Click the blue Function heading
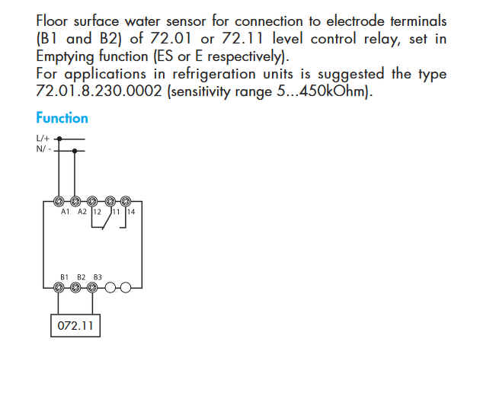click(62, 118)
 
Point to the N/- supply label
click(43, 149)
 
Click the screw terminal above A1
click(60, 201)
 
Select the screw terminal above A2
click(76, 201)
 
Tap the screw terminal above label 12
click(93, 201)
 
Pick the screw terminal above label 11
click(110, 201)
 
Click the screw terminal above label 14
click(126, 201)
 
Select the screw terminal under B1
click(60, 288)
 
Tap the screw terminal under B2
click(76, 288)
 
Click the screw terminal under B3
click(93, 288)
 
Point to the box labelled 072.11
click(76, 326)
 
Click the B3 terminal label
click(98, 276)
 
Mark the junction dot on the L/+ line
click(60, 139)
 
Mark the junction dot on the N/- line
click(76, 150)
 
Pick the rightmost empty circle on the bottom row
click(126, 288)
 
